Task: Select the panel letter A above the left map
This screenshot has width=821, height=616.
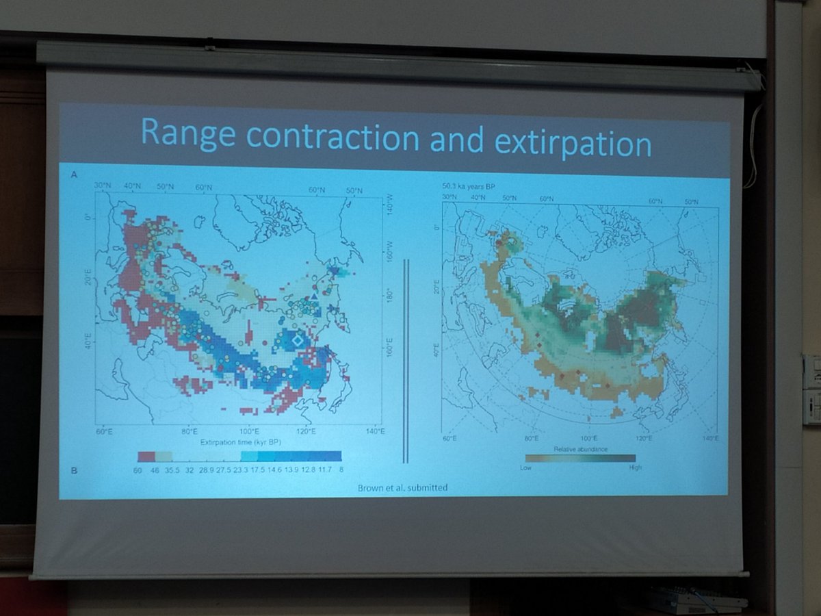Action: coord(73,175)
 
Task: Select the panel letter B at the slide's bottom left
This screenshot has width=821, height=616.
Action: coord(74,470)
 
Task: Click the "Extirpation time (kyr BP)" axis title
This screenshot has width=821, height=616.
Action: coord(240,443)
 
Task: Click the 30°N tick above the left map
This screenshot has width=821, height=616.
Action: coord(103,187)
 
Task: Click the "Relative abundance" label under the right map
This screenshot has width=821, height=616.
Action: coord(580,448)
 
